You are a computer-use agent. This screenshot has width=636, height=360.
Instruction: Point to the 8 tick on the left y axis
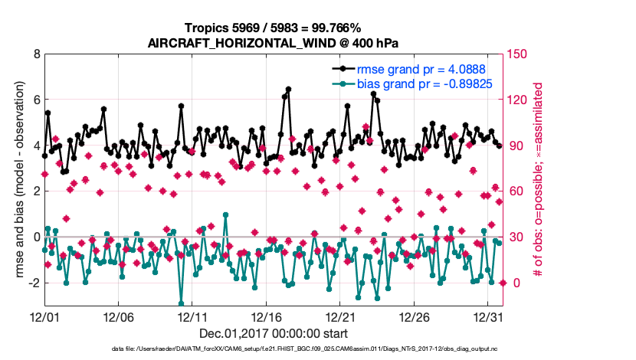(36, 54)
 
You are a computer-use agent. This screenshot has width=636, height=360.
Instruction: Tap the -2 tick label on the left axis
(34, 283)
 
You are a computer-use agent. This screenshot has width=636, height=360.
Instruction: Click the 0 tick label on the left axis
(36, 237)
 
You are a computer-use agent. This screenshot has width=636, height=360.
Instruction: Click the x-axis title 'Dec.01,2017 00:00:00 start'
(274, 333)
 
